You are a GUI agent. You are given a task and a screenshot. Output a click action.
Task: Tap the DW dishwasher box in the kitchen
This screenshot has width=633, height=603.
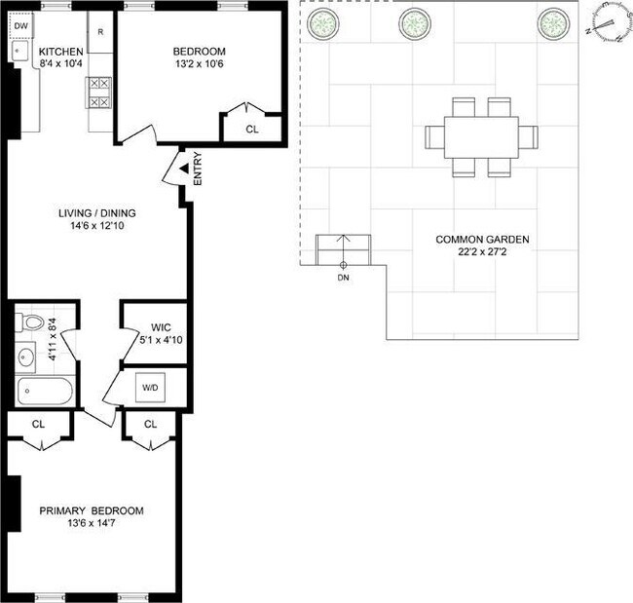(20, 26)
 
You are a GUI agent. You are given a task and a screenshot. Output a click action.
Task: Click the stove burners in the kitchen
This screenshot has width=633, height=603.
(99, 93)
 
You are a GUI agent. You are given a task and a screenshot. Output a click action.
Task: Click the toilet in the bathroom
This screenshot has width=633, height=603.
(30, 322)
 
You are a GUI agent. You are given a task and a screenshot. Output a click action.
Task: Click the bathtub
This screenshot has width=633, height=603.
(44, 393)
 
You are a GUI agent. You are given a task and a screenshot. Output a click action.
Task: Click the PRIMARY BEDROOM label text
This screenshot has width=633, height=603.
(92, 511)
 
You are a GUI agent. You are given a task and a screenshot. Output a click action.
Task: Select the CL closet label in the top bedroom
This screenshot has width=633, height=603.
(252, 128)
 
